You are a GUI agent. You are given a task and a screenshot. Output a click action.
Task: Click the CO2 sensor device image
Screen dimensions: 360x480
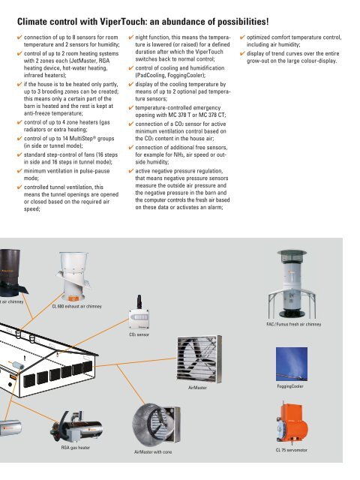click(139, 312)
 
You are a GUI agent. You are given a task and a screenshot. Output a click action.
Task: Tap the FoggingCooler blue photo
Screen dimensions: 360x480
click(292, 364)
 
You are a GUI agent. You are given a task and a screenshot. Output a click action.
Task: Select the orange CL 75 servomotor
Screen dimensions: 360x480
click(292, 424)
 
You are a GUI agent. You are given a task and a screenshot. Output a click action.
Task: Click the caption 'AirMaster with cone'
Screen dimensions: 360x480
click(153, 451)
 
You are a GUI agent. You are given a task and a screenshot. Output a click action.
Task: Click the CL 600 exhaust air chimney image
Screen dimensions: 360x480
click(73, 277)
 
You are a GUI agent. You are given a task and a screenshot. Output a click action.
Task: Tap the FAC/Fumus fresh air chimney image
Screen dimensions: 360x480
click(292, 284)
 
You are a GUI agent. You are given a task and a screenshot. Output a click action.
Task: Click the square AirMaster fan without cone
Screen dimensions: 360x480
click(199, 358)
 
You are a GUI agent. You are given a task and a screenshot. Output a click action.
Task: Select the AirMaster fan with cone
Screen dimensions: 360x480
click(157, 425)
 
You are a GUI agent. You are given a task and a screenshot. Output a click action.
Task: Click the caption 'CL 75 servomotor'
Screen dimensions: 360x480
click(292, 450)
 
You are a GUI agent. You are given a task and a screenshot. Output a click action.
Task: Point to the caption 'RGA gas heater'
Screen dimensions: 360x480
click(76, 448)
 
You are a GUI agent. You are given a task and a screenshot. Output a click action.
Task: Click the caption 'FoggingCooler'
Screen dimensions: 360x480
click(290, 386)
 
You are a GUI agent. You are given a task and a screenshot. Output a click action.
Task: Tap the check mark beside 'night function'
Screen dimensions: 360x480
click(131, 37)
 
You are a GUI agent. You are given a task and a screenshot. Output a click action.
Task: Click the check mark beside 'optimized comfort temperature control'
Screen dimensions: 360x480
click(242, 37)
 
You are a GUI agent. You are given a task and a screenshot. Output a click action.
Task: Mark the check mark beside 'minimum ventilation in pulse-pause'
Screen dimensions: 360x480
click(19, 171)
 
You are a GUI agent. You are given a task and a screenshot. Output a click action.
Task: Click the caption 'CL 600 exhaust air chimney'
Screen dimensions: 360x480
click(76, 306)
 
